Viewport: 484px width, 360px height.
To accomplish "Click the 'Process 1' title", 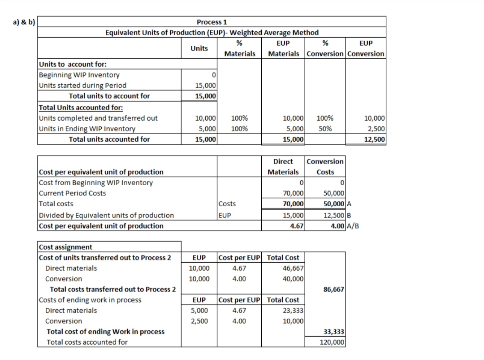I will click(x=212, y=22).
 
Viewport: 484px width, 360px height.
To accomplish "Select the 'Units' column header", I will click(x=199, y=48).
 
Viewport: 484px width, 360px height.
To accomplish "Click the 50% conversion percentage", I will click(x=325, y=129).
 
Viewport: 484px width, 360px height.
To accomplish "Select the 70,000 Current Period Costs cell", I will click(x=294, y=193).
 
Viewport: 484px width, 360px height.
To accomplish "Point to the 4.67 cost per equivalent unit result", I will click(x=296, y=226).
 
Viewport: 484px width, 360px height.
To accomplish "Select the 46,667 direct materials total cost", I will click(x=294, y=268).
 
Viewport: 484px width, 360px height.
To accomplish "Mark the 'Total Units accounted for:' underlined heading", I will click(x=81, y=108).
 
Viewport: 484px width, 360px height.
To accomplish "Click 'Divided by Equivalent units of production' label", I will click(x=107, y=215).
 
